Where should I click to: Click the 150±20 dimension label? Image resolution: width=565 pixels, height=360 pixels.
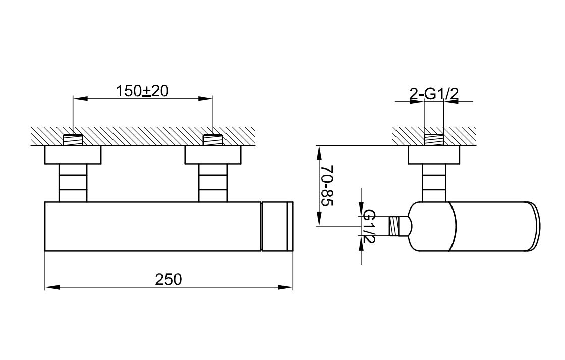click(142, 91)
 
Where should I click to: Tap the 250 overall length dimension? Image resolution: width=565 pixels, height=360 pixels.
click(168, 279)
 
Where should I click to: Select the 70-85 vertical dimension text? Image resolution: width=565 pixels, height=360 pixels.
click(327, 186)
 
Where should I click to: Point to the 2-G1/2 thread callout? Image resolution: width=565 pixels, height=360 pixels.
click(434, 94)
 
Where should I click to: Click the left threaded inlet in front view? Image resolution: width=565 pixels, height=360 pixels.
click(73, 140)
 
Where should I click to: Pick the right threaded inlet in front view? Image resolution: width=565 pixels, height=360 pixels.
click(212, 140)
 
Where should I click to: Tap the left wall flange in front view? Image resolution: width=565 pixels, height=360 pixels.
click(73, 155)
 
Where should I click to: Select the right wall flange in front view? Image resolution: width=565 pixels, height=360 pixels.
click(212, 155)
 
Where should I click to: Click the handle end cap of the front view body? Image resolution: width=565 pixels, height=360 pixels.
click(277, 226)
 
